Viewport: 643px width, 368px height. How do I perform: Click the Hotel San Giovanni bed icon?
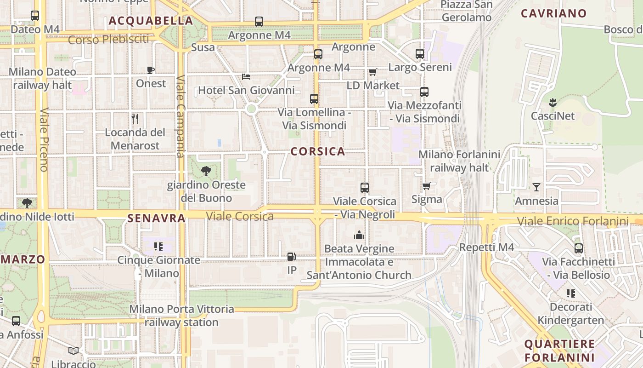(x=246, y=76)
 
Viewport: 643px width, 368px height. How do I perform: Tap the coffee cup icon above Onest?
(x=151, y=70)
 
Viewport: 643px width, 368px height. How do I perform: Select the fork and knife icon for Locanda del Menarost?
(x=135, y=119)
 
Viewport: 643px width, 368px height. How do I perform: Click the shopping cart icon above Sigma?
(x=427, y=186)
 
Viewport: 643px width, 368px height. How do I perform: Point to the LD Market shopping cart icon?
(x=372, y=72)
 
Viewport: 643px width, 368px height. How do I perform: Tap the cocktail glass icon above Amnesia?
(x=536, y=187)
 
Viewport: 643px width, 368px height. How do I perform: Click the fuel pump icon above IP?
(x=291, y=257)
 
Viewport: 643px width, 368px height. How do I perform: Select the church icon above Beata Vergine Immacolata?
(x=359, y=236)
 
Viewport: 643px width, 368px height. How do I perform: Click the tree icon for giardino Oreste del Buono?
(x=206, y=171)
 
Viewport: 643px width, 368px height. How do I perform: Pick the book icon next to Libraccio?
(x=73, y=351)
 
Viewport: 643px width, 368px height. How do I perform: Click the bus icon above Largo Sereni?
(x=420, y=54)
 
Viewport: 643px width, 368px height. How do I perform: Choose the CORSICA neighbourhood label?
(x=318, y=151)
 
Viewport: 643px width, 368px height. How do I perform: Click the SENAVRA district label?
(x=157, y=218)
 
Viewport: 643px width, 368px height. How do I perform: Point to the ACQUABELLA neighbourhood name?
(x=151, y=21)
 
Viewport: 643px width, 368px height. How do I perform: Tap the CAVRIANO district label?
(x=553, y=13)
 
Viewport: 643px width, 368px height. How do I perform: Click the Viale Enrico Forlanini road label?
(x=573, y=221)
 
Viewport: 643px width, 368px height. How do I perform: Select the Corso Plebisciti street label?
(x=108, y=40)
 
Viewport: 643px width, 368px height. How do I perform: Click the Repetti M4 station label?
(x=486, y=247)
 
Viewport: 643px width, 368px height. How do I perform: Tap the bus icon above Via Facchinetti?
(x=579, y=248)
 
